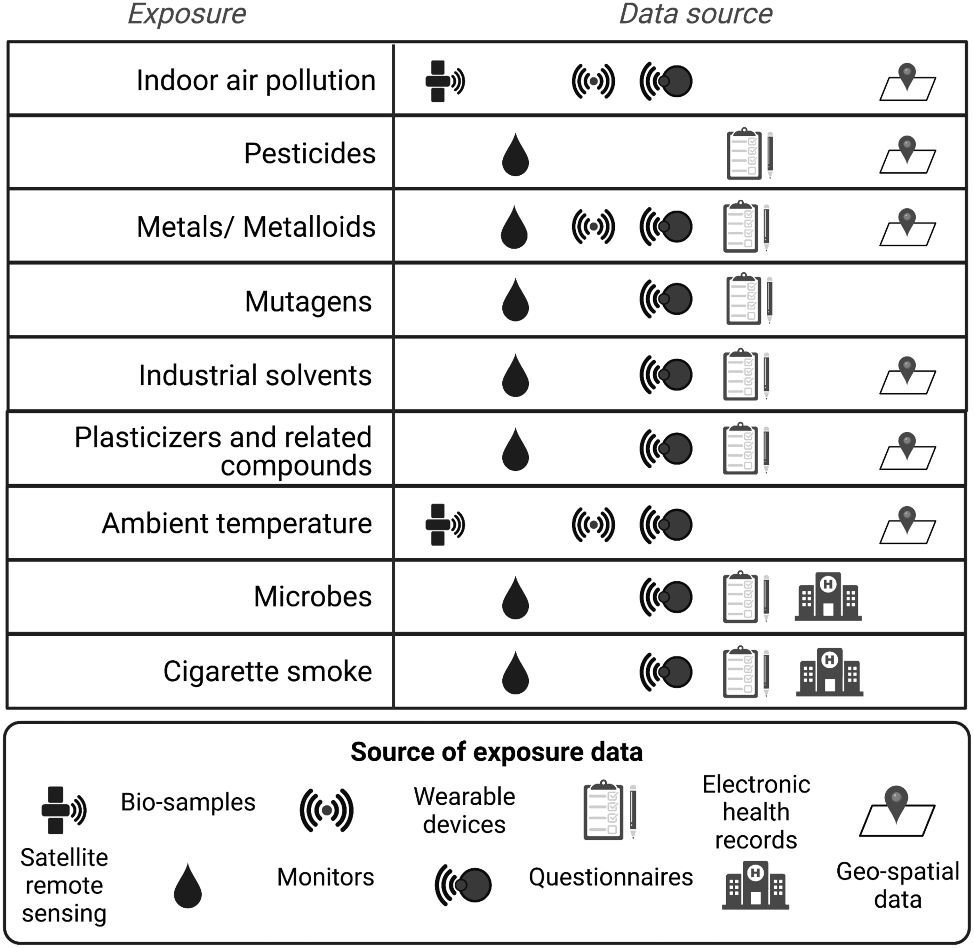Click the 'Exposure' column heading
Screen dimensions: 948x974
[187, 14]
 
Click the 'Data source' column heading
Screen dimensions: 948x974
[696, 14]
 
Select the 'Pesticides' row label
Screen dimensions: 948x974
[309, 153]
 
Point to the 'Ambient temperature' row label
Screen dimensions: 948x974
[237, 524]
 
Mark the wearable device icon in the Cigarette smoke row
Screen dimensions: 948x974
[666, 672]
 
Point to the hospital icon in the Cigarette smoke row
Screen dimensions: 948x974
[829, 672]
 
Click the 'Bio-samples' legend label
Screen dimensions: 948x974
[188, 803]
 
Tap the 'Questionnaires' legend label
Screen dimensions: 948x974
[610, 877]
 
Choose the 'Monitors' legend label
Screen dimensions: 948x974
[325, 877]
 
